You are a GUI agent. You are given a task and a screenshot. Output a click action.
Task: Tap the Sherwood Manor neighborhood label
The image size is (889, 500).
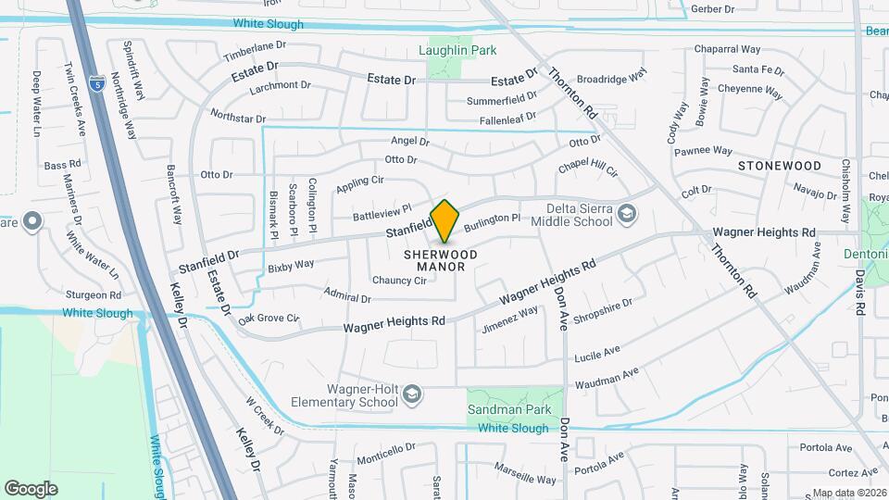click(441, 260)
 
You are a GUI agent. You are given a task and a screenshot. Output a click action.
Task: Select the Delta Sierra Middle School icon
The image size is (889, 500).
click(627, 215)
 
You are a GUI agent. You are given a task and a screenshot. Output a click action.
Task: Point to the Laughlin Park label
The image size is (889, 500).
click(457, 50)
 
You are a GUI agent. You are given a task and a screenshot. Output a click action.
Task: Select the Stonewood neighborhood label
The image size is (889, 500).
click(780, 166)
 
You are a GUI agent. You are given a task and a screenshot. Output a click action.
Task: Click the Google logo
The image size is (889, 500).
click(31, 488)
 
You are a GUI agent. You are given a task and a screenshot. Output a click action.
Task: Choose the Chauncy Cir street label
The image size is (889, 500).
click(399, 281)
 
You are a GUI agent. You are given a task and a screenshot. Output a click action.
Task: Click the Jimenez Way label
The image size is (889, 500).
click(510, 319)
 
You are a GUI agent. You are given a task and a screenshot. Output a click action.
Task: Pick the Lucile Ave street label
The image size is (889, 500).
click(597, 353)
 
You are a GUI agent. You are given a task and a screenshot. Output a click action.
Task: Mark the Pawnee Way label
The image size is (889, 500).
click(703, 151)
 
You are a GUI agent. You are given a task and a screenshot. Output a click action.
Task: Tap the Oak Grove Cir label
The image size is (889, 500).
click(269, 319)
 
